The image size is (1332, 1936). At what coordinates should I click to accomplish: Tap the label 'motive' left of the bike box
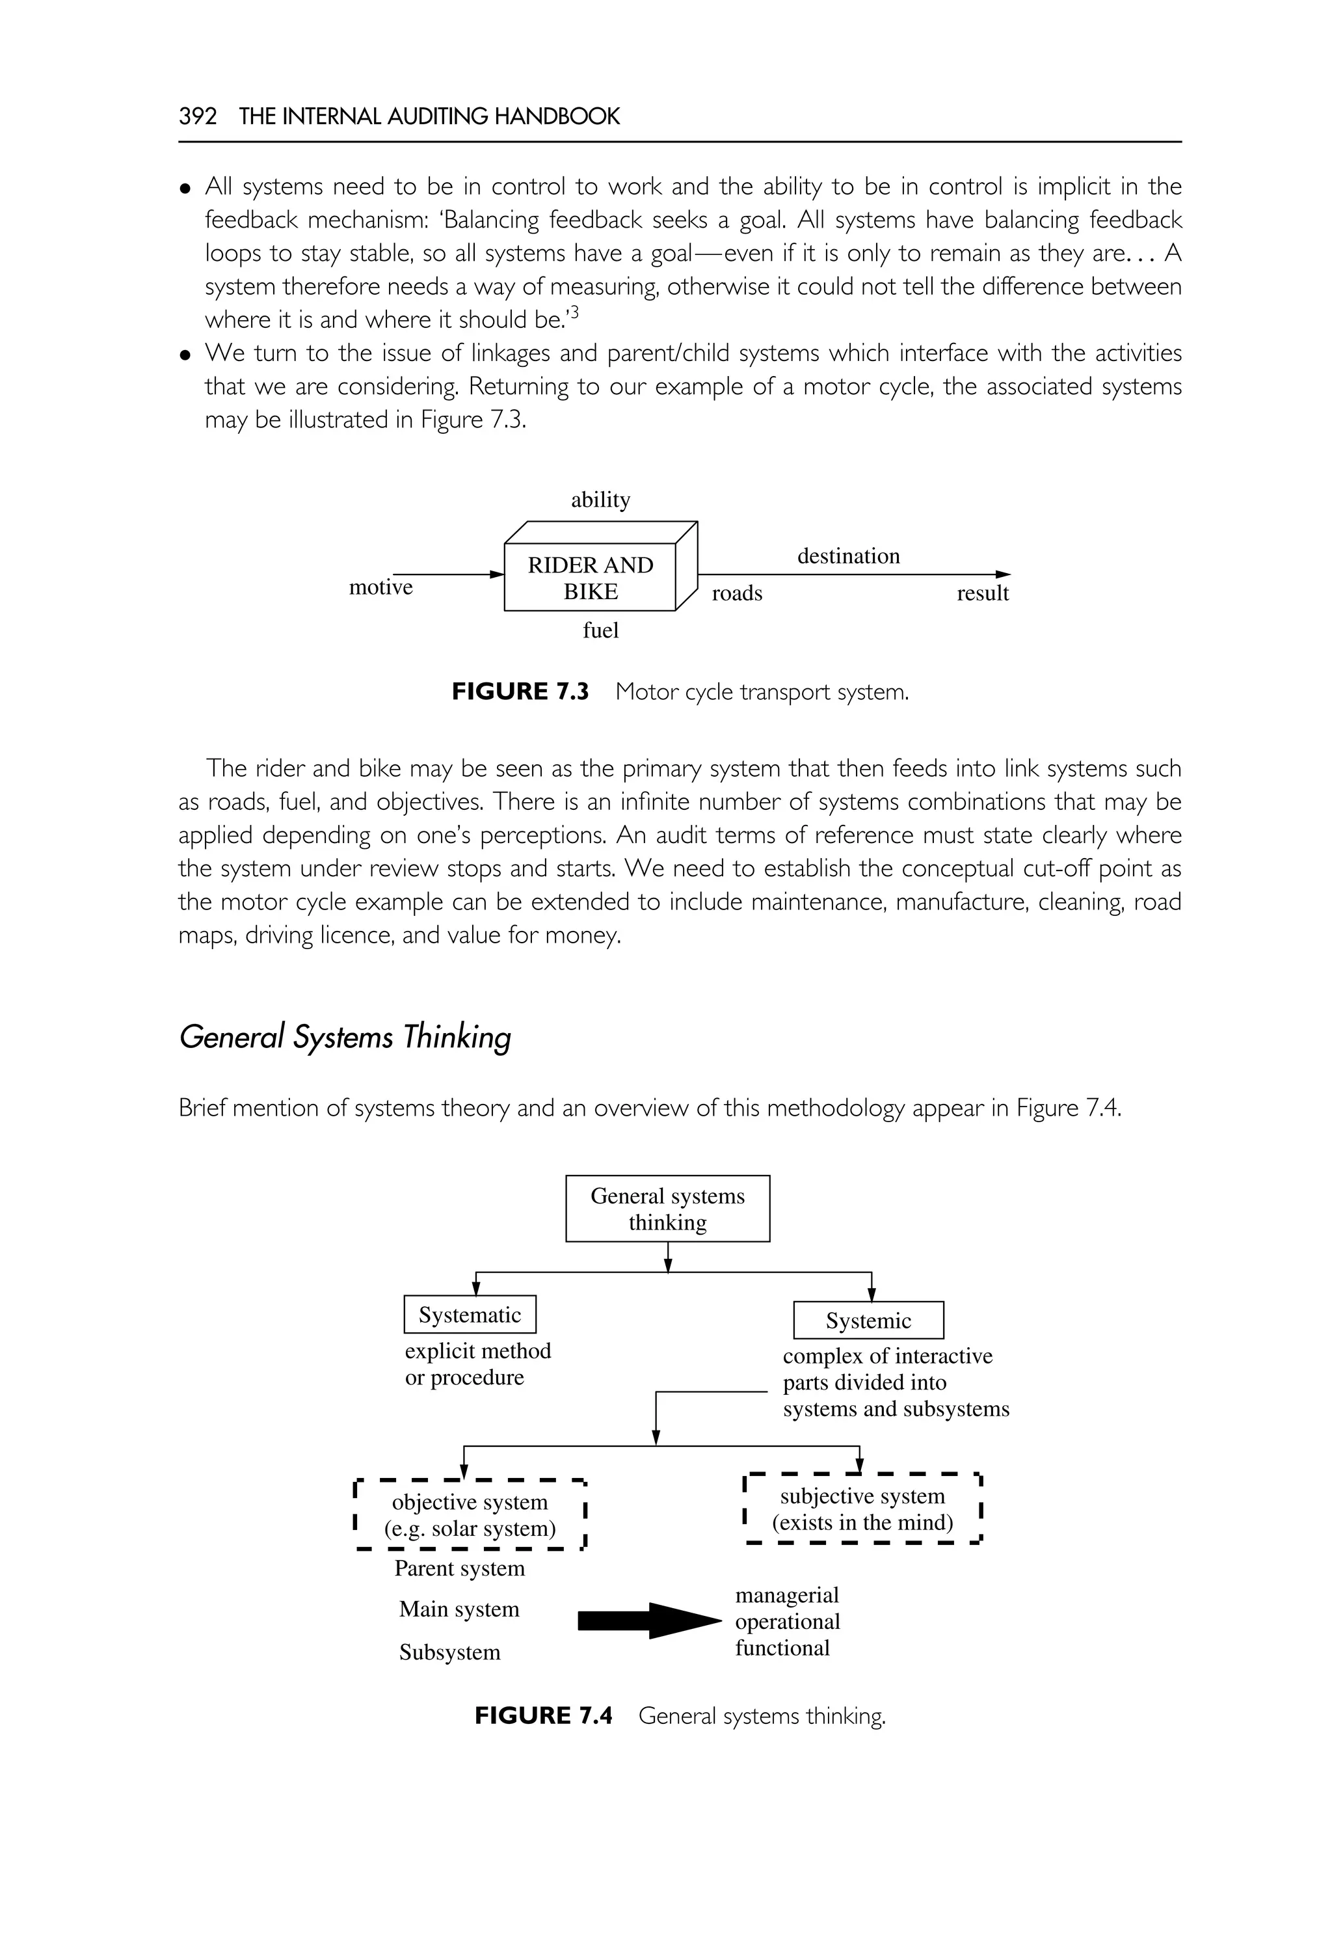coord(380,587)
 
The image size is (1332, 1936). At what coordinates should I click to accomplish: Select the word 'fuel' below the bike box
coord(600,630)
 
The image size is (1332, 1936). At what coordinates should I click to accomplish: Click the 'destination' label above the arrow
coord(848,556)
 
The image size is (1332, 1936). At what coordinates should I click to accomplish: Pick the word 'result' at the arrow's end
coord(982,593)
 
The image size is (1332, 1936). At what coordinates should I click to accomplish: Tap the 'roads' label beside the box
coord(737,593)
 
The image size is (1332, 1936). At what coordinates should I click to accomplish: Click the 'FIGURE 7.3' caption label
coord(520,692)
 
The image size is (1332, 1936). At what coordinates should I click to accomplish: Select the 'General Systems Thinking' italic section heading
coord(345,1037)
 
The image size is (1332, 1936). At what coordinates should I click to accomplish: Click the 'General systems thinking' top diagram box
coord(668,1209)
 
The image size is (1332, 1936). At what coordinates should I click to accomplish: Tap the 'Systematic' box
coord(470,1315)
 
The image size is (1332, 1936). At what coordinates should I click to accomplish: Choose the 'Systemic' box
coord(868,1321)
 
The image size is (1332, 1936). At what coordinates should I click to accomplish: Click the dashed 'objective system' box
coord(470,1515)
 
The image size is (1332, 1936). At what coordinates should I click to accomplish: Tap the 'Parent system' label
coord(459,1568)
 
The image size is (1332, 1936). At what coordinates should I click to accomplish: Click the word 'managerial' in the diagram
coord(787,1594)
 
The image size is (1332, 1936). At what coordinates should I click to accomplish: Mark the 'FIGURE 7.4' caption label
coord(543,1715)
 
